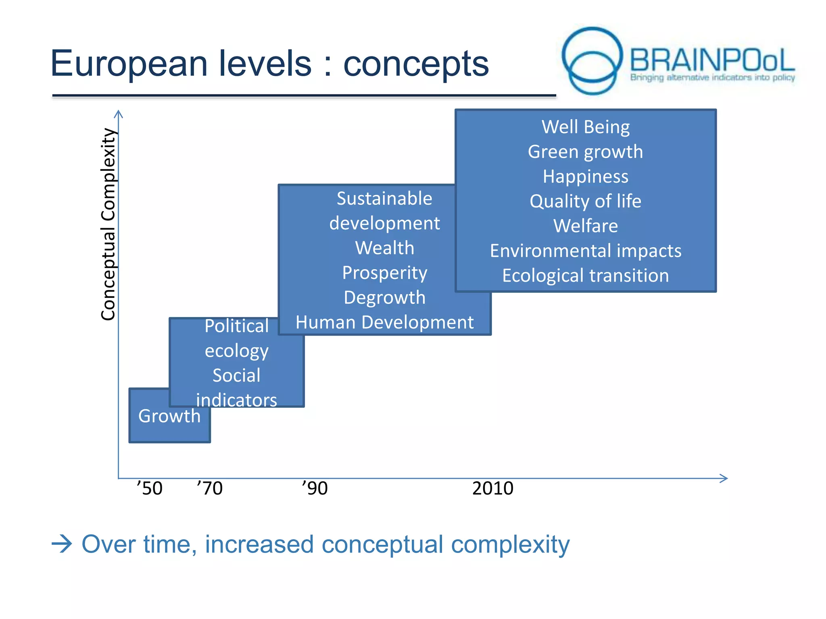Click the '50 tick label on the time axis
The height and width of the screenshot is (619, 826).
click(x=150, y=488)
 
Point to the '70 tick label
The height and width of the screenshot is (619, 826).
click(x=210, y=488)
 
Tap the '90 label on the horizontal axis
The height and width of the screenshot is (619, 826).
click(x=315, y=488)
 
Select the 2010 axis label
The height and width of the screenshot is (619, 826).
click(x=492, y=488)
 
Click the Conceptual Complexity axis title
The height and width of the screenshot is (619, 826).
click(x=108, y=224)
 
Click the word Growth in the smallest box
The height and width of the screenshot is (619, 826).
click(x=169, y=416)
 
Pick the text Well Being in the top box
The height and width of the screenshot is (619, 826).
click(x=585, y=127)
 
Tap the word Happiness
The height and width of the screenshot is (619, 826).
click(x=585, y=177)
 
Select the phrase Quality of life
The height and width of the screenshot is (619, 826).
click(x=585, y=201)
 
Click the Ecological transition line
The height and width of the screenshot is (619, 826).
click(x=585, y=276)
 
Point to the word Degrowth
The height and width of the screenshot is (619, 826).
click(x=384, y=298)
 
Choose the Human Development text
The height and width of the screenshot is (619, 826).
click(x=384, y=322)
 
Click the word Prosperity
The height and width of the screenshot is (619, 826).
click(x=384, y=273)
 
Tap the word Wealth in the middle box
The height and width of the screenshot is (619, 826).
click(x=384, y=248)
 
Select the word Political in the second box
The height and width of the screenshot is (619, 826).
click(x=236, y=326)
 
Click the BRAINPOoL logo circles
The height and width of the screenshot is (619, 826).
click(x=592, y=60)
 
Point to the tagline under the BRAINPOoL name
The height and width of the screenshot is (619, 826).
click(x=712, y=77)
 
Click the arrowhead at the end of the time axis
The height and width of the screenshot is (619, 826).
click(x=724, y=478)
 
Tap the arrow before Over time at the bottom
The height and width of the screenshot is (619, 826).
click(x=62, y=544)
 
